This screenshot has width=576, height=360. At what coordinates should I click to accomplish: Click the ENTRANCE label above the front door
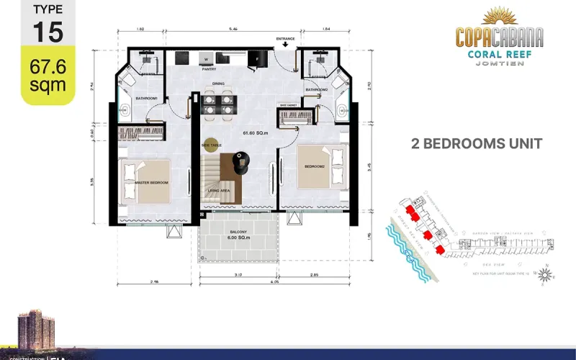click(286, 38)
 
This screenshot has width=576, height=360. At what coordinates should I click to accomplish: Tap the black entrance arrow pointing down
click(286, 45)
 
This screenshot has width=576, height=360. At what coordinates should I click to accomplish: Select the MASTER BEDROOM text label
click(151, 183)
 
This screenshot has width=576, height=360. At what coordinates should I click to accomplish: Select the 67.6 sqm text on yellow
click(48, 76)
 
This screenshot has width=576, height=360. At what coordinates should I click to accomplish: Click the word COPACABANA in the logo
click(499, 36)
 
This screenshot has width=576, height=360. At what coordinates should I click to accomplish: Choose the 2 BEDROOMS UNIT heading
click(476, 143)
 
